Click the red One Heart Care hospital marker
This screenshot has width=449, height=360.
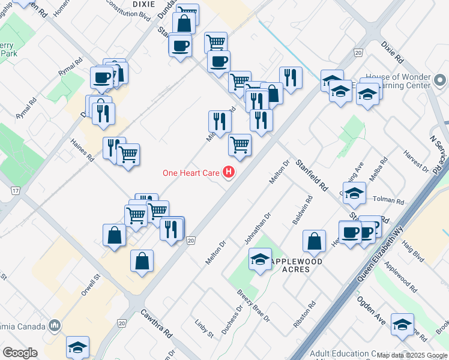coord(229,173)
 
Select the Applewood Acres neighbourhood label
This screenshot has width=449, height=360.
coord(297,266)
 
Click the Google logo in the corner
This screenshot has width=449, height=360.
coord(20,352)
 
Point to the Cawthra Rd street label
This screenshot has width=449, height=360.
coord(157,323)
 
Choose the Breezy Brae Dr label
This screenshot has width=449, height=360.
coord(254,305)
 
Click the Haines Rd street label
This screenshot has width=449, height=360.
coord(82,151)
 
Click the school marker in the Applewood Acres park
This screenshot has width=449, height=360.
coord(260,259)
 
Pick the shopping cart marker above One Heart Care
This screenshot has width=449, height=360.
coord(240,145)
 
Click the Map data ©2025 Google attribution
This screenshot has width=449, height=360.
coord(412,355)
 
